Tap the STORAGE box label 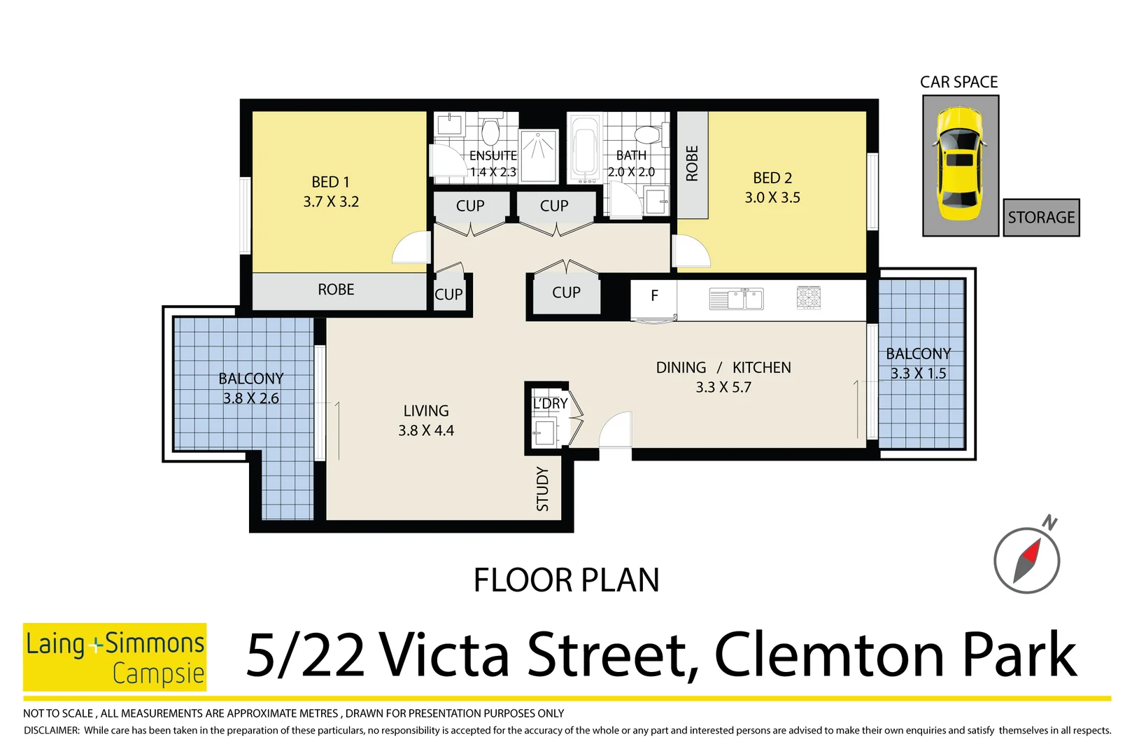(x=1040, y=218)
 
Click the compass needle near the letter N (x=1027, y=561)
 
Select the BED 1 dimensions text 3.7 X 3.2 (x=331, y=202)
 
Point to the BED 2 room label (x=772, y=178)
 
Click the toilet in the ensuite (x=490, y=131)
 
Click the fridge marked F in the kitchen (x=654, y=296)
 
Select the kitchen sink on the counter (x=736, y=299)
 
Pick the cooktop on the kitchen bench (x=808, y=297)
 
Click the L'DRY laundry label (x=550, y=404)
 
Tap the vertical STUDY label (x=543, y=489)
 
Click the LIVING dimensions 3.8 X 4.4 (x=426, y=430)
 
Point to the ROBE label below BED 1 (x=336, y=290)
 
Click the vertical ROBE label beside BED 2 (x=692, y=163)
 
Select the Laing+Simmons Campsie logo (x=115, y=657)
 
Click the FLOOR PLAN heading (x=566, y=580)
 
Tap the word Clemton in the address (x=830, y=656)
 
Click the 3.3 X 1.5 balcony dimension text (x=918, y=374)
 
